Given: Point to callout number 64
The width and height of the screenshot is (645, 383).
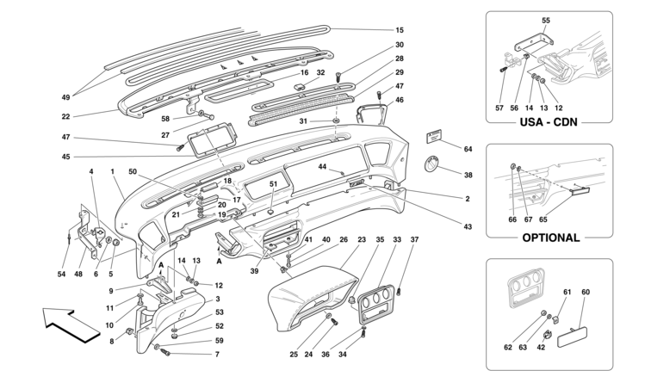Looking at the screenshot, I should click(x=468, y=149).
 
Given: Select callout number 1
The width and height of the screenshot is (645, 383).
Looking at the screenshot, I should click(x=113, y=171).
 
